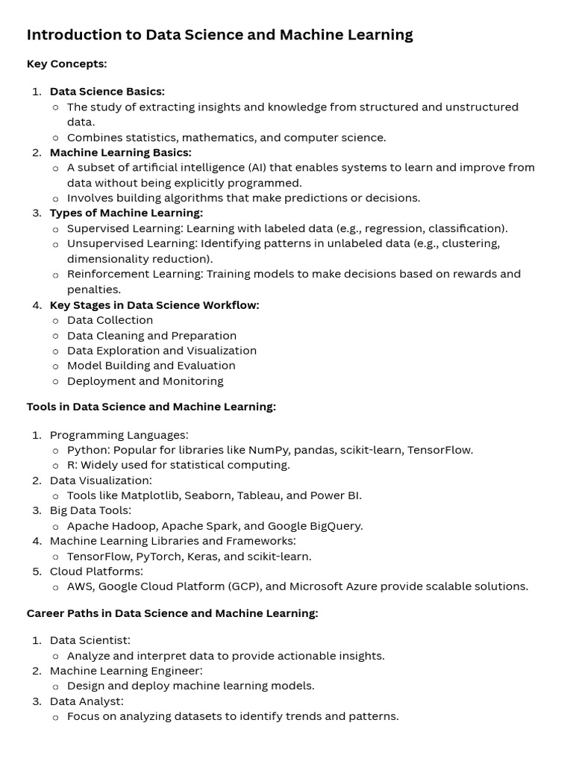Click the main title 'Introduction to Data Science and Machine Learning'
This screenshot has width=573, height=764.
219,35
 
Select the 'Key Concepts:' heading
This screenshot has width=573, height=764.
66,64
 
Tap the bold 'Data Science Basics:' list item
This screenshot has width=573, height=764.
107,92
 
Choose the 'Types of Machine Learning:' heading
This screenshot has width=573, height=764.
126,213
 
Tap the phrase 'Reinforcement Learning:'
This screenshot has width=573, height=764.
134,274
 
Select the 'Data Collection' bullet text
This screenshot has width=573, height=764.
110,320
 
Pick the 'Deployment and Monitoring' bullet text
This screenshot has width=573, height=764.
145,381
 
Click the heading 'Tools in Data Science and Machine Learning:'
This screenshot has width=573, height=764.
151,407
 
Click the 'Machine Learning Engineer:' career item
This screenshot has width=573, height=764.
126,671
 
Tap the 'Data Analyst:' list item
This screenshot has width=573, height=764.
87,701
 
